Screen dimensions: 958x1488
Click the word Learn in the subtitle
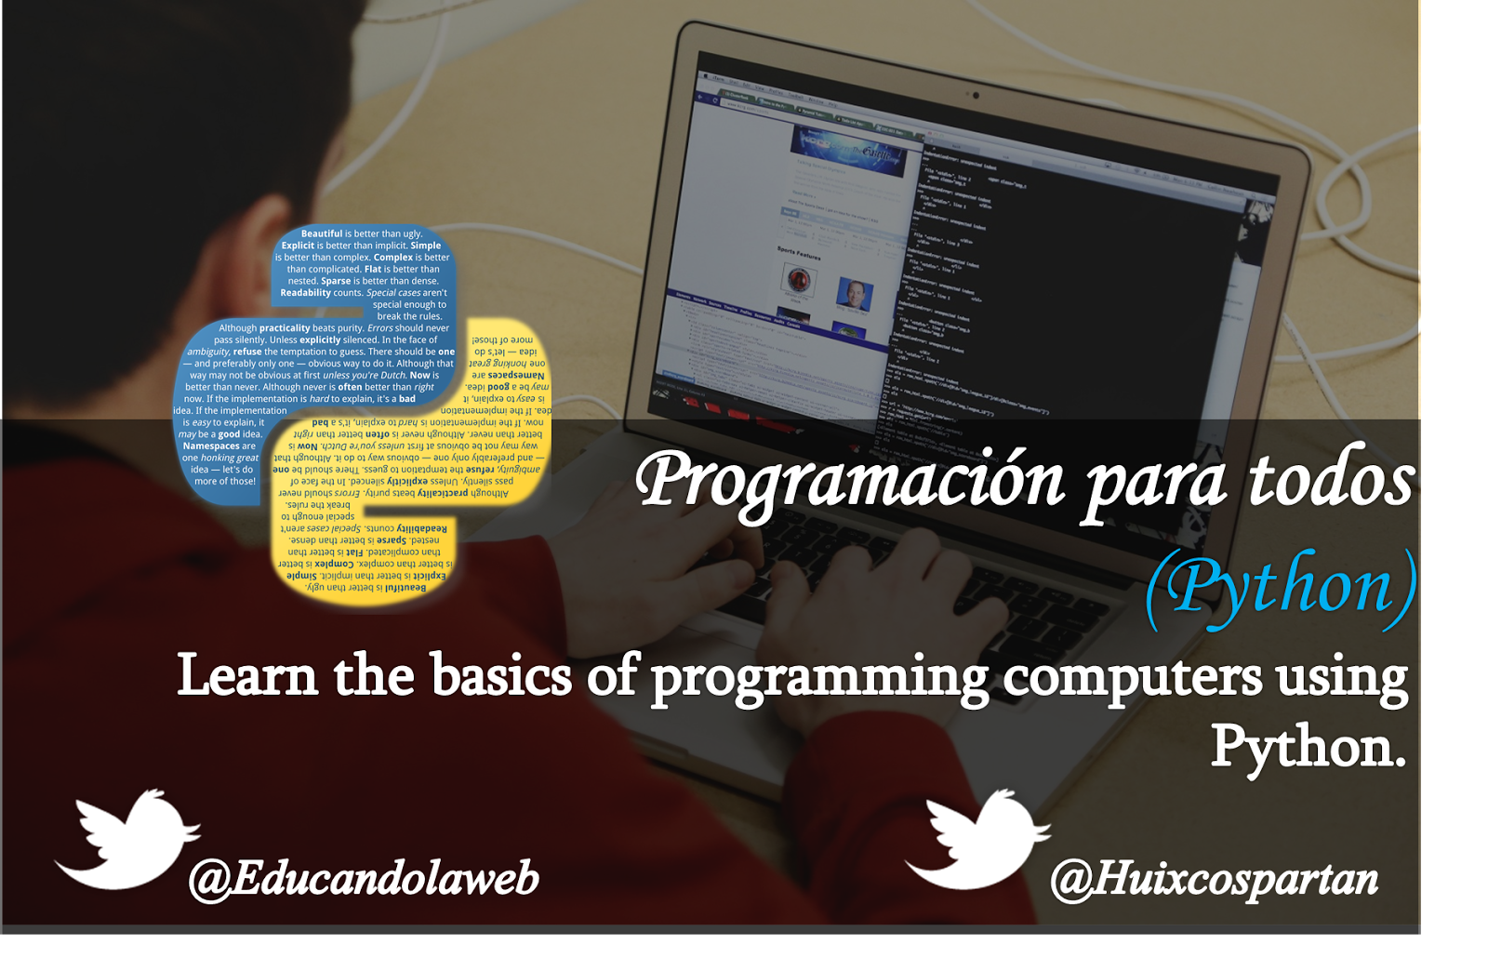(247, 675)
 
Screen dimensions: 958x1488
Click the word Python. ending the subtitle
(1308, 747)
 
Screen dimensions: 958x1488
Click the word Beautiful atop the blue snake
(322, 234)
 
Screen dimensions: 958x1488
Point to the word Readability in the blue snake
(305, 293)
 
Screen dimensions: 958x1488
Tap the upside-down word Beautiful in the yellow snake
(405, 588)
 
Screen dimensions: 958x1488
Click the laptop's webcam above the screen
(976, 95)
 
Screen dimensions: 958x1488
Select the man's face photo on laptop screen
(854, 295)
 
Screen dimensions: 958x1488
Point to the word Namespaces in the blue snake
(211, 446)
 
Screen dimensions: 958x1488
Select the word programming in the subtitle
(819, 679)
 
